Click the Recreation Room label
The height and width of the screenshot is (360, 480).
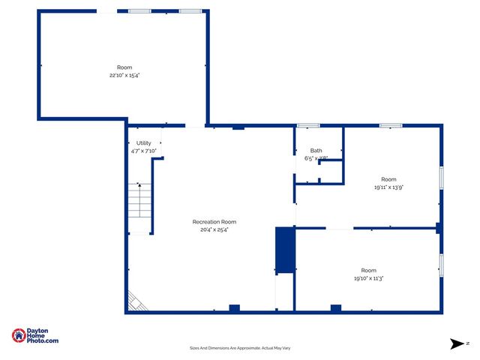coord(214,221)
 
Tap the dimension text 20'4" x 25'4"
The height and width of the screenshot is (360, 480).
coord(214,229)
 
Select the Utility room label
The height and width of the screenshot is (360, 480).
coord(143,142)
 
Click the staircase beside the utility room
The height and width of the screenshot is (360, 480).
coord(139,200)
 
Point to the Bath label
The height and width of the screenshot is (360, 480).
coord(316,151)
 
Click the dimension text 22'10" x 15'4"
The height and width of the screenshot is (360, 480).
coord(124,75)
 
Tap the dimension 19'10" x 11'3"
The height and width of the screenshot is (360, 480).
coord(368,278)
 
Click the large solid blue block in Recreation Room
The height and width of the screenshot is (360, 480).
coord(286,249)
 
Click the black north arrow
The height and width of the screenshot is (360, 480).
coord(457,343)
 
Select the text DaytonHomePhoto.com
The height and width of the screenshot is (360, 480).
coord(43,336)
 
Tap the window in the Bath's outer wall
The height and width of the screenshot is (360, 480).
coord(307,125)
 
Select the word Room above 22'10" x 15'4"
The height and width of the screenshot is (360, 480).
coord(124,67)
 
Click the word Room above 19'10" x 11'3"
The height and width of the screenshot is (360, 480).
coord(368,270)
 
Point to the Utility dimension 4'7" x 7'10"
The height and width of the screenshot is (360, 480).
coord(143,151)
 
